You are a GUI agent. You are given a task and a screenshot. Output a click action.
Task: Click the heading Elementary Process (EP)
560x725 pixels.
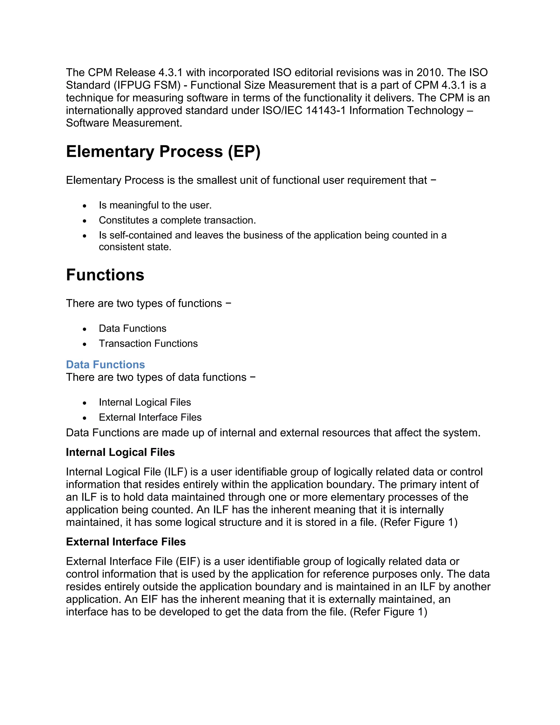pyautogui.click(x=163, y=152)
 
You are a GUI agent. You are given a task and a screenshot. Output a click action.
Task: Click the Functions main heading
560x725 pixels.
pyautogui.click(x=105, y=275)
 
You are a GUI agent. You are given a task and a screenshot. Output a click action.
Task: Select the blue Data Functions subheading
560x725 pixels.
pyautogui.click(x=105, y=364)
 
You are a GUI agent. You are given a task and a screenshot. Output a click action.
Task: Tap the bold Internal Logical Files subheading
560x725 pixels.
pyautogui.click(x=120, y=452)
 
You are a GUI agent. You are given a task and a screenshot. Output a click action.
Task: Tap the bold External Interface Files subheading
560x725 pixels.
pyautogui.click(x=126, y=542)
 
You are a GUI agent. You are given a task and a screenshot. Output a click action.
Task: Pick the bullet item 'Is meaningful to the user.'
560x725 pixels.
pyautogui.click(x=155, y=205)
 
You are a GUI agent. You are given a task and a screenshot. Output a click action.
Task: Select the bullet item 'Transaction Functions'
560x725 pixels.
pyautogui.click(x=148, y=344)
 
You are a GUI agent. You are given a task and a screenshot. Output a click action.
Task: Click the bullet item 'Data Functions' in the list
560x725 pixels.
pyautogui.click(x=132, y=329)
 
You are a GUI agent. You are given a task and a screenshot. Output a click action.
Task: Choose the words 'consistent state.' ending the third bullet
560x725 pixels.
pyautogui.click(x=135, y=247)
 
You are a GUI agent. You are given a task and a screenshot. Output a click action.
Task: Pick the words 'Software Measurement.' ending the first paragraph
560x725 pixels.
pyautogui.click(x=124, y=123)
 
